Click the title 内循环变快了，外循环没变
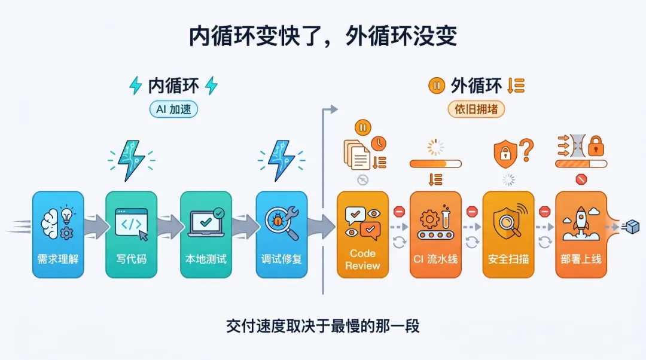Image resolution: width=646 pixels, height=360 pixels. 323,36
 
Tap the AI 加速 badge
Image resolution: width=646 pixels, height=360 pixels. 173,109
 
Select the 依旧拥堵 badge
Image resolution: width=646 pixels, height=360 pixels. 476,109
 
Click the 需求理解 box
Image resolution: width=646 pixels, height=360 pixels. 58,234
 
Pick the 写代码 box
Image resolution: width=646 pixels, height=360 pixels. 131,234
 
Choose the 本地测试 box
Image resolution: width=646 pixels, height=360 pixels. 206,234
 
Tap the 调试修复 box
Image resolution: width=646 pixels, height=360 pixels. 281,234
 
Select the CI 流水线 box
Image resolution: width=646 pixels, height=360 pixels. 435,234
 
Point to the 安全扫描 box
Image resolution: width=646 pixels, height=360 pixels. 508,234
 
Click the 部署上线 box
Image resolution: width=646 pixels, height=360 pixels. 581,234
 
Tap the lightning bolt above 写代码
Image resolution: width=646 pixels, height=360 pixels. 131,160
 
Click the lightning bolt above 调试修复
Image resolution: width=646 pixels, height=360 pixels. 281,160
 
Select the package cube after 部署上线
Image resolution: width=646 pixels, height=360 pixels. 632,227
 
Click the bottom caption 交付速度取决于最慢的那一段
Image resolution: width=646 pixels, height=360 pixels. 323,326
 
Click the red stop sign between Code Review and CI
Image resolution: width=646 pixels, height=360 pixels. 399,211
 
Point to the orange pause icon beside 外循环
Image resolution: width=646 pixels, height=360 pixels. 437,86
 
